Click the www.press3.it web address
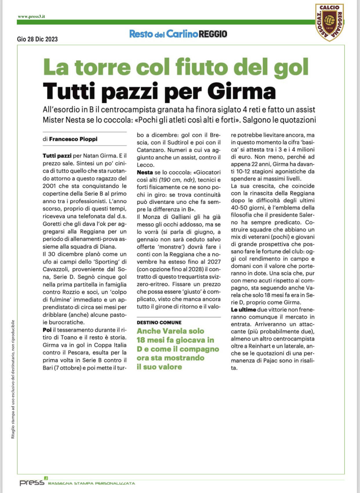coord(31,17)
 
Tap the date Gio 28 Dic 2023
coord(37,39)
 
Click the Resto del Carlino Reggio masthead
coord(178,34)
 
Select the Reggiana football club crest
coord(330,22)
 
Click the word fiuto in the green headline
coord(202,67)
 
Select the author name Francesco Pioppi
coord(73,139)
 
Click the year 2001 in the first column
coord(49,186)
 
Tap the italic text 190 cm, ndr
coord(177,180)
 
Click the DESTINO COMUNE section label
coord(159,322)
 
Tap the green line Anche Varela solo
coord(170,331)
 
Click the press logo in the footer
coord(32,482)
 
